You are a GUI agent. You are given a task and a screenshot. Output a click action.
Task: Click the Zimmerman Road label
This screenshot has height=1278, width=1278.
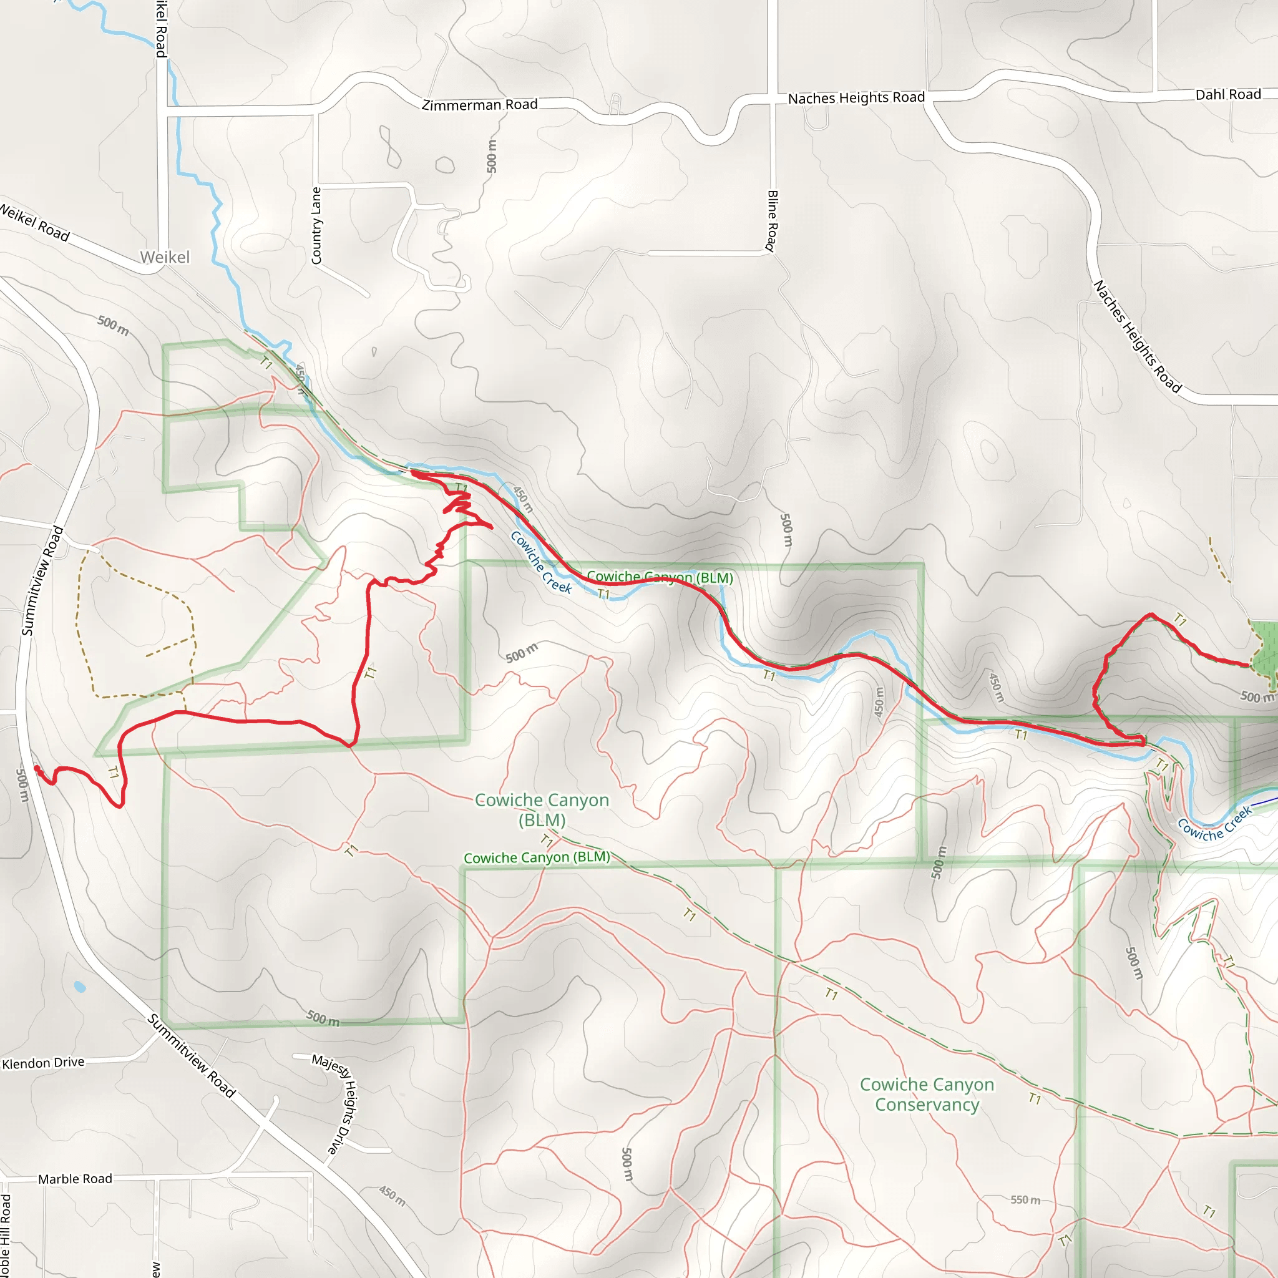click(480, 104)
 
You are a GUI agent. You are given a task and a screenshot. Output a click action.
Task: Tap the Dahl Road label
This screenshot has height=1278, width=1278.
click(1227, 95)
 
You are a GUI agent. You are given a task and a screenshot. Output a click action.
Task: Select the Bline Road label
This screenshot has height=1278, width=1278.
click(771, 221)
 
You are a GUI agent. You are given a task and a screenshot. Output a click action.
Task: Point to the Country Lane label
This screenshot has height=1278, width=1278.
click(316, 225)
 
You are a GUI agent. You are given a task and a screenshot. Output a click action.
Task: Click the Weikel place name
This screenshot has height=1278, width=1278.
click(165, 257)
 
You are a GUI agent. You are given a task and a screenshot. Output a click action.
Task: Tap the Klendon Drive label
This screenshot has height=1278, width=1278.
click(44, 1062)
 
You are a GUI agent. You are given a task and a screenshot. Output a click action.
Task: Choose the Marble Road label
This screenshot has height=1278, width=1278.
click(75, 1179)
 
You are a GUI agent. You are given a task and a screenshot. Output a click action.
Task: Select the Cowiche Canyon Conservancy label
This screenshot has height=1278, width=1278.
click(927, 1094)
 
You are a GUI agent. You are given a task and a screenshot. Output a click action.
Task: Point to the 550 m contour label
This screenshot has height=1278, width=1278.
click(1025, 1199)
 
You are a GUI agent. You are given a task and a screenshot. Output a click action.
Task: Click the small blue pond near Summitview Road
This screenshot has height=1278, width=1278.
click(80, 987)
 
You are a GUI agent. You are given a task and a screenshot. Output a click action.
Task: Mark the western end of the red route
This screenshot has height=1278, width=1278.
click(37, 768)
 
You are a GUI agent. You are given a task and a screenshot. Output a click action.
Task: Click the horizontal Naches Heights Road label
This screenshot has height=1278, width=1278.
click(856, 98)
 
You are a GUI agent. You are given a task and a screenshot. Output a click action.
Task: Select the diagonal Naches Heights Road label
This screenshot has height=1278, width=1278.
click(1137, 338)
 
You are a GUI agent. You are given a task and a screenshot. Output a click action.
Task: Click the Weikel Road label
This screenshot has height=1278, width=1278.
click(34, 223)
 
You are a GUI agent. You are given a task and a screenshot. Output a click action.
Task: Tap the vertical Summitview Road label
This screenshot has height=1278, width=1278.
click(42, 581)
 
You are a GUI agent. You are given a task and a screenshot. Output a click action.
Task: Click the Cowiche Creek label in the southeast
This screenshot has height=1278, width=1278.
click(1214, 824)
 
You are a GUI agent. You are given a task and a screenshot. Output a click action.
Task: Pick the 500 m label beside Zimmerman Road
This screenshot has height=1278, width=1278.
click(492, 156)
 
